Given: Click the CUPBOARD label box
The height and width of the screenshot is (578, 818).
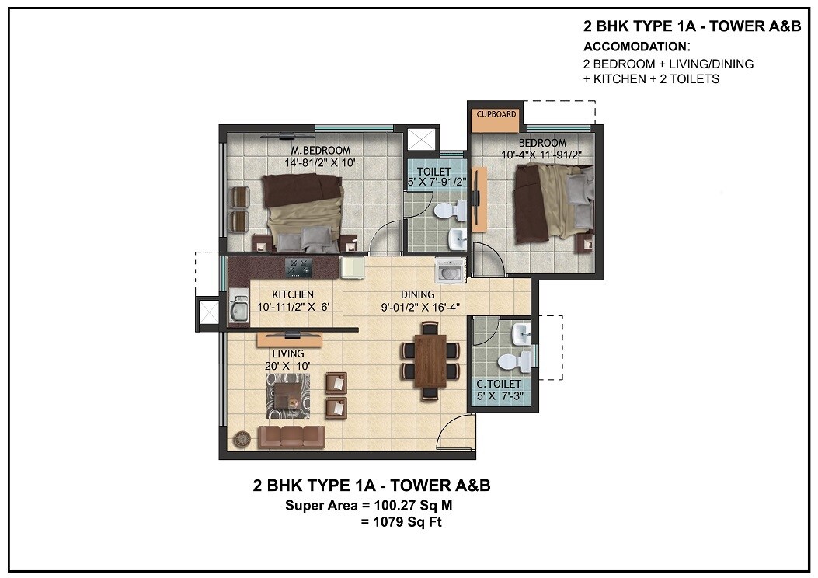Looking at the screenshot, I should pyautogui.click(x=496, y=114).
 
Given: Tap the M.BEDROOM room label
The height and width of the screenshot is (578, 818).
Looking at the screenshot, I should pyautogui.click(x=321, y=150).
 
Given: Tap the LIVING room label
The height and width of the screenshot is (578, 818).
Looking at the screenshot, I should pyautogui.click(x=287, y=353).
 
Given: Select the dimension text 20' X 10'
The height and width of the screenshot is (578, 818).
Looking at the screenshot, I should pyautogui.click(x=287, y=365).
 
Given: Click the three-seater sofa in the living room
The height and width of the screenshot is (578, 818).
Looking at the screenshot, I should pyautogui.click(x=291, y=437).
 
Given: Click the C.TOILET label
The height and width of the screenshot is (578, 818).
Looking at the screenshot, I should pyautogui.click(x=500, y=385).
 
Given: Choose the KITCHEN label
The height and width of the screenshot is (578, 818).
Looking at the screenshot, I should pyautogui.click(x=293, y=294).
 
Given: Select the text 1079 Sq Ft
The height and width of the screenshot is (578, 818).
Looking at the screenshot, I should pyautogui.click(x=403, y=522).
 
